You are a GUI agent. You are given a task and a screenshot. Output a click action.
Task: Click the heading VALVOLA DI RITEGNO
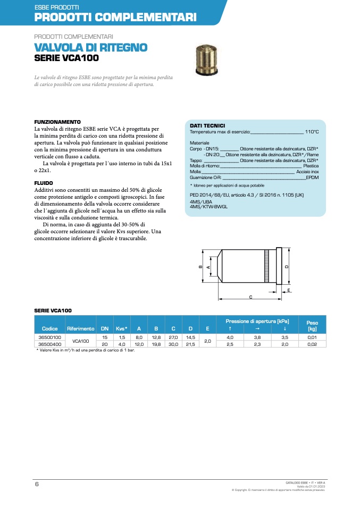[x=90, y=48]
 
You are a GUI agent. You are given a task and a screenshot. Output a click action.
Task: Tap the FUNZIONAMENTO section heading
[x=57, y=122]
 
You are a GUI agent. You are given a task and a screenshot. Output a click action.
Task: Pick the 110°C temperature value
[x=312, y=131]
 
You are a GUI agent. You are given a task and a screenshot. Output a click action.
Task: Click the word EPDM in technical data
[x=312, y=177]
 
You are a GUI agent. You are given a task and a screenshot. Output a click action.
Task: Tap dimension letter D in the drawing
[x=287, y=266]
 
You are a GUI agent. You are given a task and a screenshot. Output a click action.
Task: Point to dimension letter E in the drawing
[x=289, y=290]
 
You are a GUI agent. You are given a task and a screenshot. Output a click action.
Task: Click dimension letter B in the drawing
[x=200, y=266]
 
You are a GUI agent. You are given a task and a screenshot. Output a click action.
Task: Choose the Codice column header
[x=50, y=329]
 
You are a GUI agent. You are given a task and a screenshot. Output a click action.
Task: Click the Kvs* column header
[x=122, y=329]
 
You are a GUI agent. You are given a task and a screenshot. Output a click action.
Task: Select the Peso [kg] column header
[x=312, y=326]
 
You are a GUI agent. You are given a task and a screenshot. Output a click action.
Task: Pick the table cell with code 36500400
[x=50, y=344]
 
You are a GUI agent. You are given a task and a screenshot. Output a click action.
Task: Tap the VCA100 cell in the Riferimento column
[x=80, y=341]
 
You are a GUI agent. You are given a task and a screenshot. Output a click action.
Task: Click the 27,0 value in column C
[x=173, y=337]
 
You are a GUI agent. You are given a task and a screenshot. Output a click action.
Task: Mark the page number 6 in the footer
[x=37, y=485]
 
